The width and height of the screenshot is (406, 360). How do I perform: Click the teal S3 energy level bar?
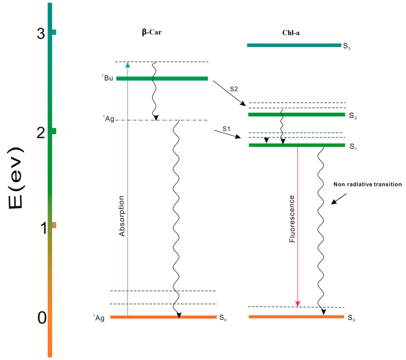tap(294, 45)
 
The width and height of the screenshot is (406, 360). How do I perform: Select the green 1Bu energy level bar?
tap(162, 78)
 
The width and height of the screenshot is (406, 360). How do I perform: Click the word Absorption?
tap(122, 216)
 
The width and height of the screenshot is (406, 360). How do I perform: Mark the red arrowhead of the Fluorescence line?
tap(298, 304)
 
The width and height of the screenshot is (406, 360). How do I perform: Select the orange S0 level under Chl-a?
tap(296, 316)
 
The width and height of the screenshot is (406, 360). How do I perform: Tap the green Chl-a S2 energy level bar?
tap(297, 114)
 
